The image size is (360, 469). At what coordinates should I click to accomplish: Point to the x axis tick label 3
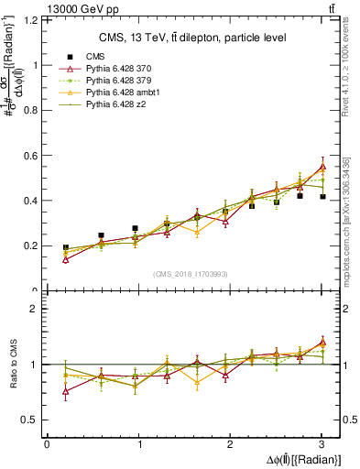322,445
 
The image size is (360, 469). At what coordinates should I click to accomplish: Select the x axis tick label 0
47,445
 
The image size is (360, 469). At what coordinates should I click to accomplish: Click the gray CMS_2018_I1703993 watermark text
192,274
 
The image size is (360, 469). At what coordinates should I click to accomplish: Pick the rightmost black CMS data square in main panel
322,197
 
